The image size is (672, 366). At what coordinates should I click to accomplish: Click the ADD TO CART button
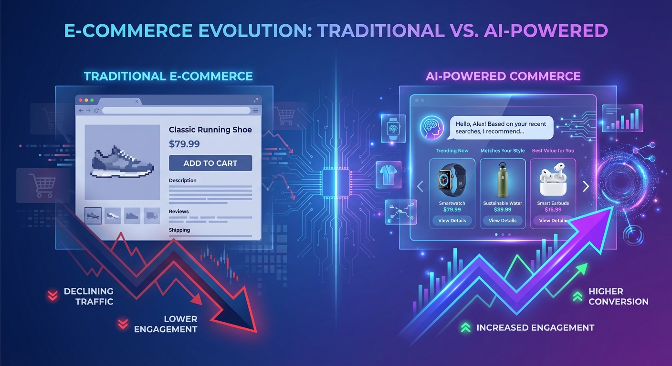point(210,163)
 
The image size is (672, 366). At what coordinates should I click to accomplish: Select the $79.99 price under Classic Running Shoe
point(184,144)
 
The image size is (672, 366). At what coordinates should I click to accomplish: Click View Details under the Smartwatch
point(452,221)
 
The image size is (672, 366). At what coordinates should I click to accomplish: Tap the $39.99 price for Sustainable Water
point(503,210)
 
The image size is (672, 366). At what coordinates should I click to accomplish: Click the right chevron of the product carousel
point(586,186)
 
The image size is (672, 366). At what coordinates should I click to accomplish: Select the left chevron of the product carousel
point(420,186)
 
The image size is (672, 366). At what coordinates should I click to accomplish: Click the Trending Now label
point(451,151)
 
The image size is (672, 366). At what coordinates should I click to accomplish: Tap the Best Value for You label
point(553,151)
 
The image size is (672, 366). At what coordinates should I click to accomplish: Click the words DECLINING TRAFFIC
point(88,296)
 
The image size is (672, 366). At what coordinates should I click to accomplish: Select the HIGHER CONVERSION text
point(618,296)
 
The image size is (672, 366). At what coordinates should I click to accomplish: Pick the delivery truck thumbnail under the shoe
point(151,216)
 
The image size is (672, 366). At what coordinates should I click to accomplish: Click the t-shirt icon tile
point(388,174)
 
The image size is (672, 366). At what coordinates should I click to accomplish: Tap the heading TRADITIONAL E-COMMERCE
point(168,76)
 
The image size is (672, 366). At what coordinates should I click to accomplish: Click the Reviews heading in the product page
point(178,211)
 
